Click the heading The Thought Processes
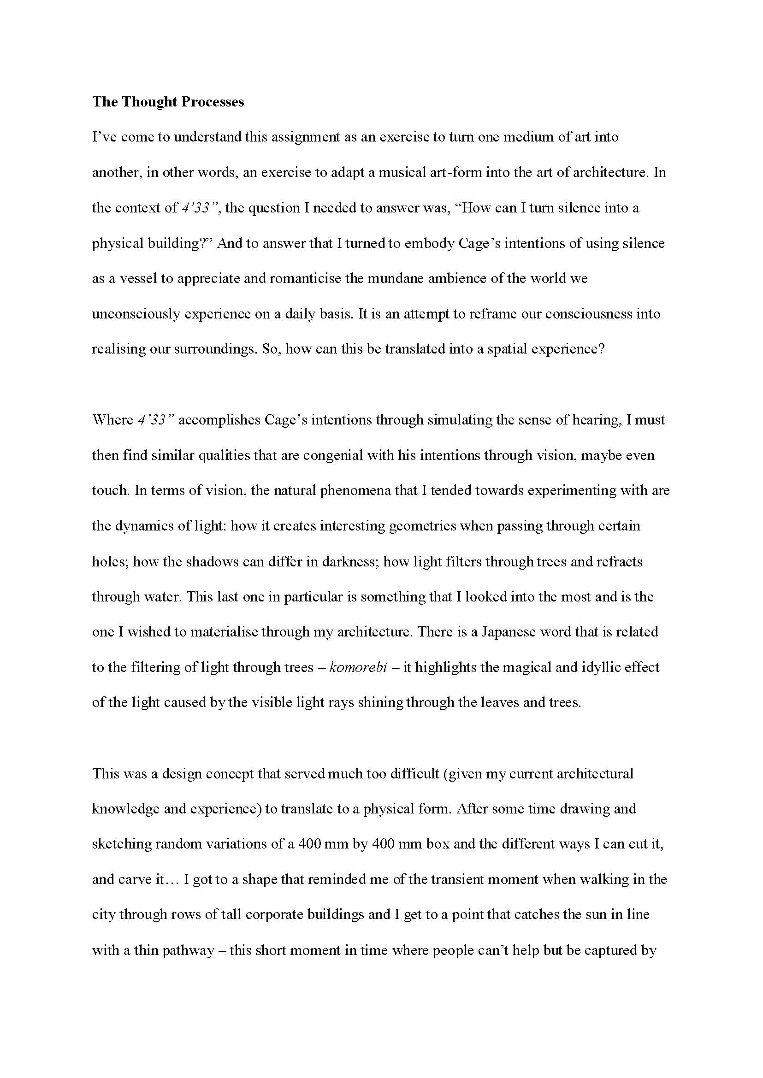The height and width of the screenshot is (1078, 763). click(x=168, y=102)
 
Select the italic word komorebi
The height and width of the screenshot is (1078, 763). click(x=358, y=667)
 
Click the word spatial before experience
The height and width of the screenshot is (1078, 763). click(x=509, y=349)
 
